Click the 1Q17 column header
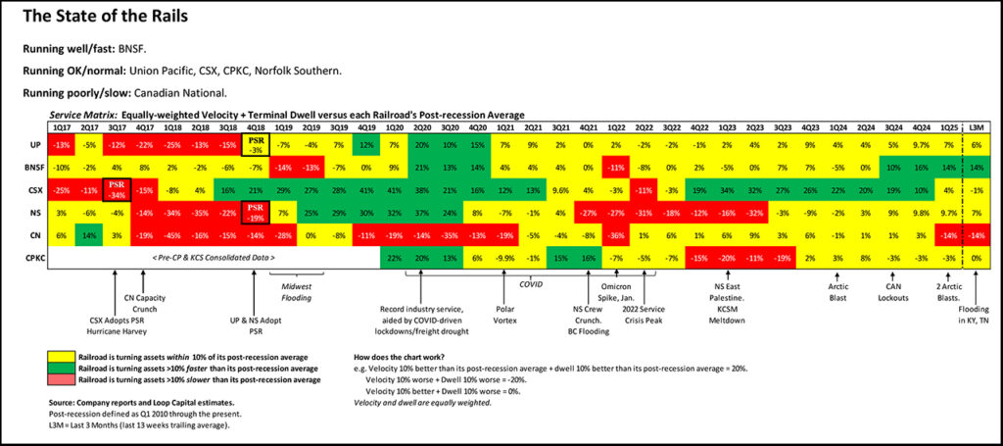[61, 128]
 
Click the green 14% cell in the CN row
[88, 236]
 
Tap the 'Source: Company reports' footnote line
[125, 403]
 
